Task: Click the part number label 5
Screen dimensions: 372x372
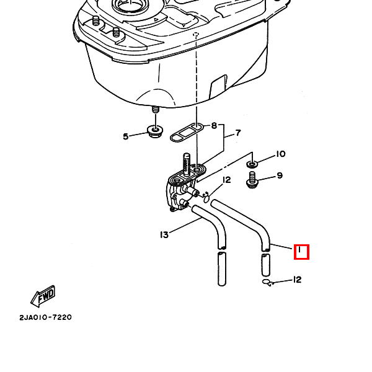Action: pos(125,136)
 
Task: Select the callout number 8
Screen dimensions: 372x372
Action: pos(214,126)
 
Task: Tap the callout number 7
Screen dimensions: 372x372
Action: pos(237,133)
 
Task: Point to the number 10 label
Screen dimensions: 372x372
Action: pos(280,154)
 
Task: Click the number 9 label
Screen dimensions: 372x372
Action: pos(280,175)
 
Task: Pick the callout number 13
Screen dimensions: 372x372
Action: pos(164,235)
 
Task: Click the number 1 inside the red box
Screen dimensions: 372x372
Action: pos(301,252)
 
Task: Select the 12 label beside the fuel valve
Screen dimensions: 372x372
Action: pos(227,180)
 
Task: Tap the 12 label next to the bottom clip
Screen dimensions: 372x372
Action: pos(297,280)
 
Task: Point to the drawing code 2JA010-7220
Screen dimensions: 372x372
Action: pos(45,317)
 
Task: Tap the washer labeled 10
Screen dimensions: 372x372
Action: pos(253,164)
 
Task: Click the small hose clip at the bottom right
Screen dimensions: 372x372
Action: pos(267,283)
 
